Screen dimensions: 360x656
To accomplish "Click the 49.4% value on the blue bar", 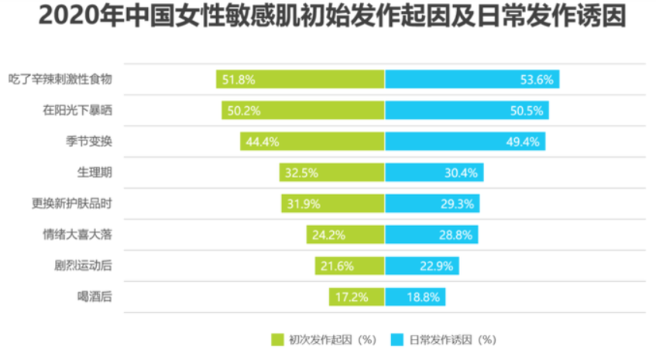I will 524,141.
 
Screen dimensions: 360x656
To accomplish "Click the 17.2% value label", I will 349,297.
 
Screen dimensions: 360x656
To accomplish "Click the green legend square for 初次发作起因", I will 278,338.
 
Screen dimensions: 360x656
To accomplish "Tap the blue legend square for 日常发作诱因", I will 399,338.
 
